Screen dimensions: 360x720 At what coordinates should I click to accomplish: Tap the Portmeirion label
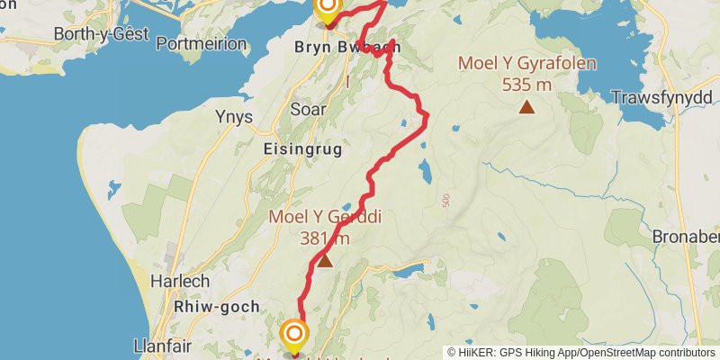201,43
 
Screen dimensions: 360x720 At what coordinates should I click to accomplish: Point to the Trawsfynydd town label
662,96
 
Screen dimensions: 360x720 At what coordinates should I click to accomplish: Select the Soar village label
309,110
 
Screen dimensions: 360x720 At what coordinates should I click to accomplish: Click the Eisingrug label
302,150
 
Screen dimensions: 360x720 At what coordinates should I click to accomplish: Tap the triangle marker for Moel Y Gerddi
324,262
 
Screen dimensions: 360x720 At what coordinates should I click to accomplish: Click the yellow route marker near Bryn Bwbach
327,9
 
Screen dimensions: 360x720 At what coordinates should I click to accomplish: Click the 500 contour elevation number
445,201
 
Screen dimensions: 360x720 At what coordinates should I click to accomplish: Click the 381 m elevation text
326,238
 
